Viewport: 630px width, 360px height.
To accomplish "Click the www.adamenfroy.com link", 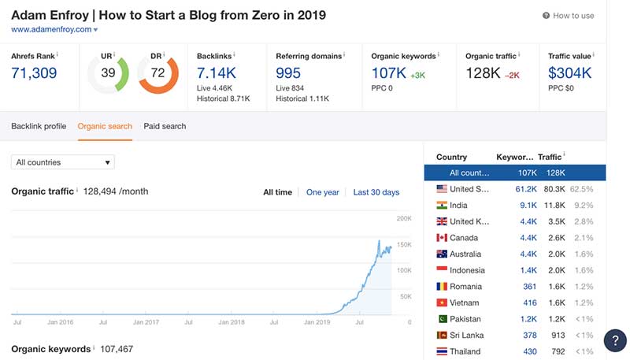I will (50, 29).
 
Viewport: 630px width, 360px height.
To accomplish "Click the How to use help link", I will (573, 16).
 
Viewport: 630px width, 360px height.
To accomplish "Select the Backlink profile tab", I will (39, 126).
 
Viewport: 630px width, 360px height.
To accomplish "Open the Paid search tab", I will (165, 126).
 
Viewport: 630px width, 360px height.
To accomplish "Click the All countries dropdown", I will (63, 162).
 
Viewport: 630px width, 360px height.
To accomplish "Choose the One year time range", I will (323, 192).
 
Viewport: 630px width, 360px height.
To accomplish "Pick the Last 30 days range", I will (376, 192).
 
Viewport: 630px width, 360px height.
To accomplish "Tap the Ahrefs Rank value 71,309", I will (35, 73).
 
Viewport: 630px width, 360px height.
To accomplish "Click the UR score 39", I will (108, 73).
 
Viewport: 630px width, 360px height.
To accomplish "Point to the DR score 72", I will (158, 73).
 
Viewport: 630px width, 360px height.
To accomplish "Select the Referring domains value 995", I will (289, 73).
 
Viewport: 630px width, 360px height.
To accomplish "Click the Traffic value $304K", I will (570, 73).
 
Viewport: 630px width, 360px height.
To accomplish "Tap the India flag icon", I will (441, 206).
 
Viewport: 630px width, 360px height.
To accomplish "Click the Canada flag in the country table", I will (441, 238).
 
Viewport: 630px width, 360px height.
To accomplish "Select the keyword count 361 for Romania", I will (529, 287).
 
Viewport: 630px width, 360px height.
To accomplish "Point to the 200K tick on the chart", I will (403, 218).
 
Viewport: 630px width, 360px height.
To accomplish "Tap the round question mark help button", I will (615, 340).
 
